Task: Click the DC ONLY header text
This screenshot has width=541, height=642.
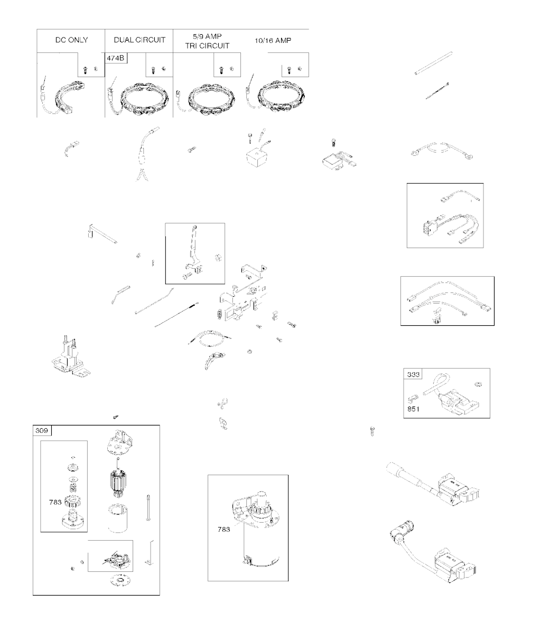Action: tap(71, 40)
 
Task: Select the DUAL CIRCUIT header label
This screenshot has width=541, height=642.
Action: tap(139, 40)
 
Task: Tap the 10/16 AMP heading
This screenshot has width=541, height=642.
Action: tap(273, 41)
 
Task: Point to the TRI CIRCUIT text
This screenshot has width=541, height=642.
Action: tap(207, 46)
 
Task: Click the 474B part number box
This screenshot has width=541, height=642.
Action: tap(116, 58)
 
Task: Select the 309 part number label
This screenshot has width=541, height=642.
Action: tap(42, 430)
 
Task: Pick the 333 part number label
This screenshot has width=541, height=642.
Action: tap(413, 374)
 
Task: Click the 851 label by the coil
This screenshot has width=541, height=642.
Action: tap(413, 409)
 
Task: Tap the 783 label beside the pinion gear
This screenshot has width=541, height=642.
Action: tap(55, 502)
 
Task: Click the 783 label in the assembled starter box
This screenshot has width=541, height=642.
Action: tap(223, 529)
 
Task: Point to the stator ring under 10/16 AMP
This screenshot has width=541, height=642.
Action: tap(281, 96)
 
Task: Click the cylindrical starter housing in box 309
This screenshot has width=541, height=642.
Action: tap(118, 518)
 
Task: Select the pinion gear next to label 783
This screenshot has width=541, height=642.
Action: tap(73, 503)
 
